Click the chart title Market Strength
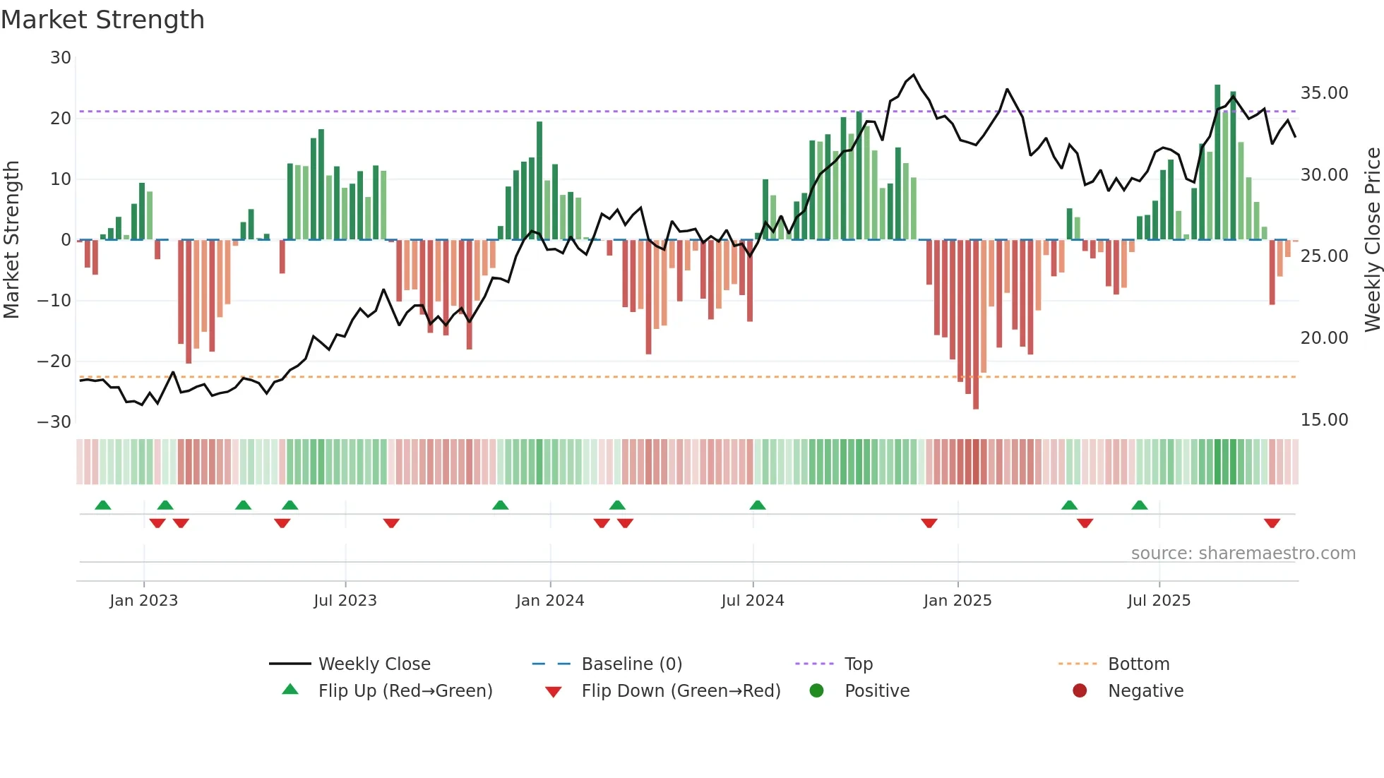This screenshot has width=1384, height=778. tap(102, 20)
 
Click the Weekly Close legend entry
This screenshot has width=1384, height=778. tap(374, 664)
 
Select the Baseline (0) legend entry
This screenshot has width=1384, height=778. tap(631, 664)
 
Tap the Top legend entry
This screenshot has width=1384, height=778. tap(858, 664)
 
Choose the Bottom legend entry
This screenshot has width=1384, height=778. tap(1138, 664)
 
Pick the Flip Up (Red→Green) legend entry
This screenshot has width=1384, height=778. tap(405, 690)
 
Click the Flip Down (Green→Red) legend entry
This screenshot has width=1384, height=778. tap(681, 690)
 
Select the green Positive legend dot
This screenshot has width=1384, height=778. tap(817, 690)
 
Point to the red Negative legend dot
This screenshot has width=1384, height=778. tap(1080, 690)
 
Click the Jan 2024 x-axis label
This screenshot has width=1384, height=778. tap(550, 601)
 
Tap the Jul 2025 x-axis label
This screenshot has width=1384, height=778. tap(1159, 601)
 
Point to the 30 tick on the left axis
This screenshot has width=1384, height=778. tap(61, 58)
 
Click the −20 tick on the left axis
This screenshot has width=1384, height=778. tap(54, 361)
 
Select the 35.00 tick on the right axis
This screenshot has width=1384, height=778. tap(1324, 93)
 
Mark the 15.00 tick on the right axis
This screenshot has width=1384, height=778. tap(1324, 420)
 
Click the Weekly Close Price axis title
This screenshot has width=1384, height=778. tap(1372, 239)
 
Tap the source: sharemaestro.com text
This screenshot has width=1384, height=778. tap(1243, 553)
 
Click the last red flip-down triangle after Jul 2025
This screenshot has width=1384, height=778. tap(1272, 523)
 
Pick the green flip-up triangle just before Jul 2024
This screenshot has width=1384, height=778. tap(758, 505)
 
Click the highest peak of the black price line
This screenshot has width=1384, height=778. tap(914, 74)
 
